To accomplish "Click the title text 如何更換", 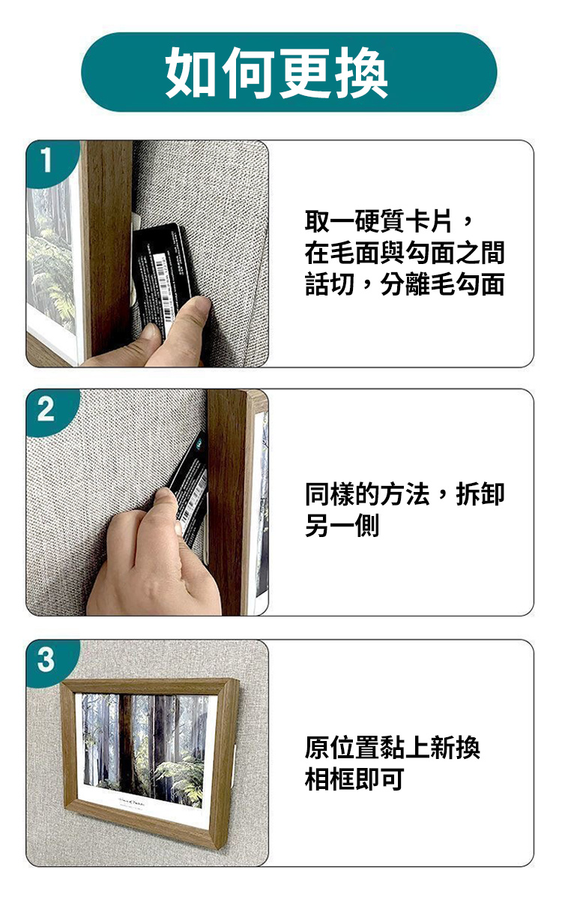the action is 277,72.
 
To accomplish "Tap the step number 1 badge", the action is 48,160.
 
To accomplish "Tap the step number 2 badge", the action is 47,409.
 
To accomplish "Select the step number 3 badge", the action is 46,660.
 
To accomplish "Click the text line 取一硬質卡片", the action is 378,221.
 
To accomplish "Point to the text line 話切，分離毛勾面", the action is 404,284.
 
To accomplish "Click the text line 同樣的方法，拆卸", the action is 404,494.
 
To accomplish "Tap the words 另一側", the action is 342,526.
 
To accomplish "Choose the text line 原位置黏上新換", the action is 392,748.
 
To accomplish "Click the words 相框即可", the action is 354,779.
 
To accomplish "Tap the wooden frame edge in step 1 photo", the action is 109,249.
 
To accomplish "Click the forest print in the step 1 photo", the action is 52,257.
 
